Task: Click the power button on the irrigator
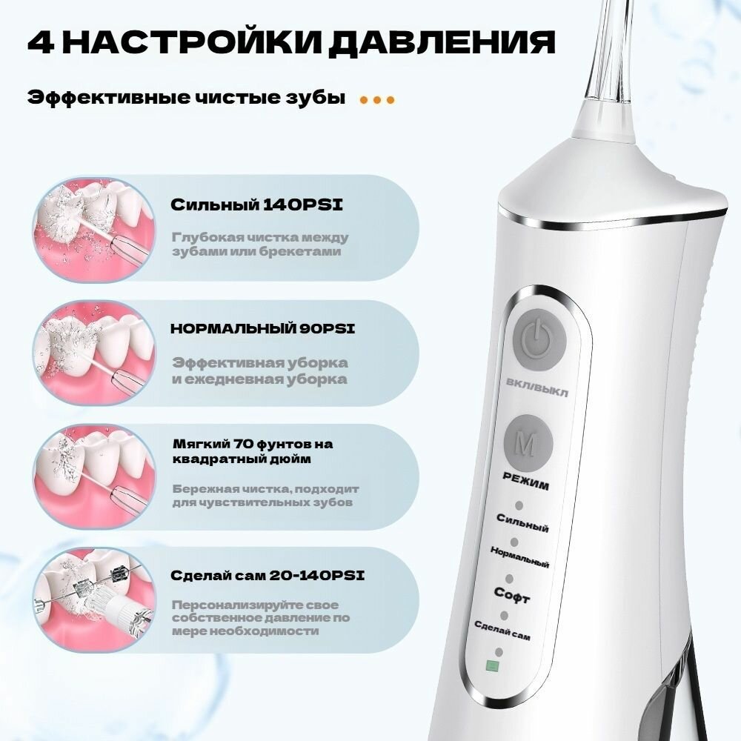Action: tap(539, 338)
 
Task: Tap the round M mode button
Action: tap(528, 443)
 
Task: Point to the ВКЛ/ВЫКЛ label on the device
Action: tap(536, 388)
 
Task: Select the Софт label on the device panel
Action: tap(512, 596)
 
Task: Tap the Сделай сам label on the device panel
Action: tap(502, 631)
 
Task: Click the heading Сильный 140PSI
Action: tap(256, 205)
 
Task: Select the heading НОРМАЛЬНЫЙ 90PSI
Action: tap(263, 329)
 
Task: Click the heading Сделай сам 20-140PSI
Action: tap(268, 576)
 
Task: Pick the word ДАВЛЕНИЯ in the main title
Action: tap(442, 43)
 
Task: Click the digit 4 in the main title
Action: tap(41, 42)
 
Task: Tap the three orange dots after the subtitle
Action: tap(377, 100)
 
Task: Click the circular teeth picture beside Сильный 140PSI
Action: tap(94, 229)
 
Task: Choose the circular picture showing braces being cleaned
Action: tap(94, 600)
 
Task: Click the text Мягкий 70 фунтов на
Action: tap(253, 444)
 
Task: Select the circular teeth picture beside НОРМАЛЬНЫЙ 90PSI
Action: tap(94, 353)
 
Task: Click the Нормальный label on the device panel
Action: tap(519, 557)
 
